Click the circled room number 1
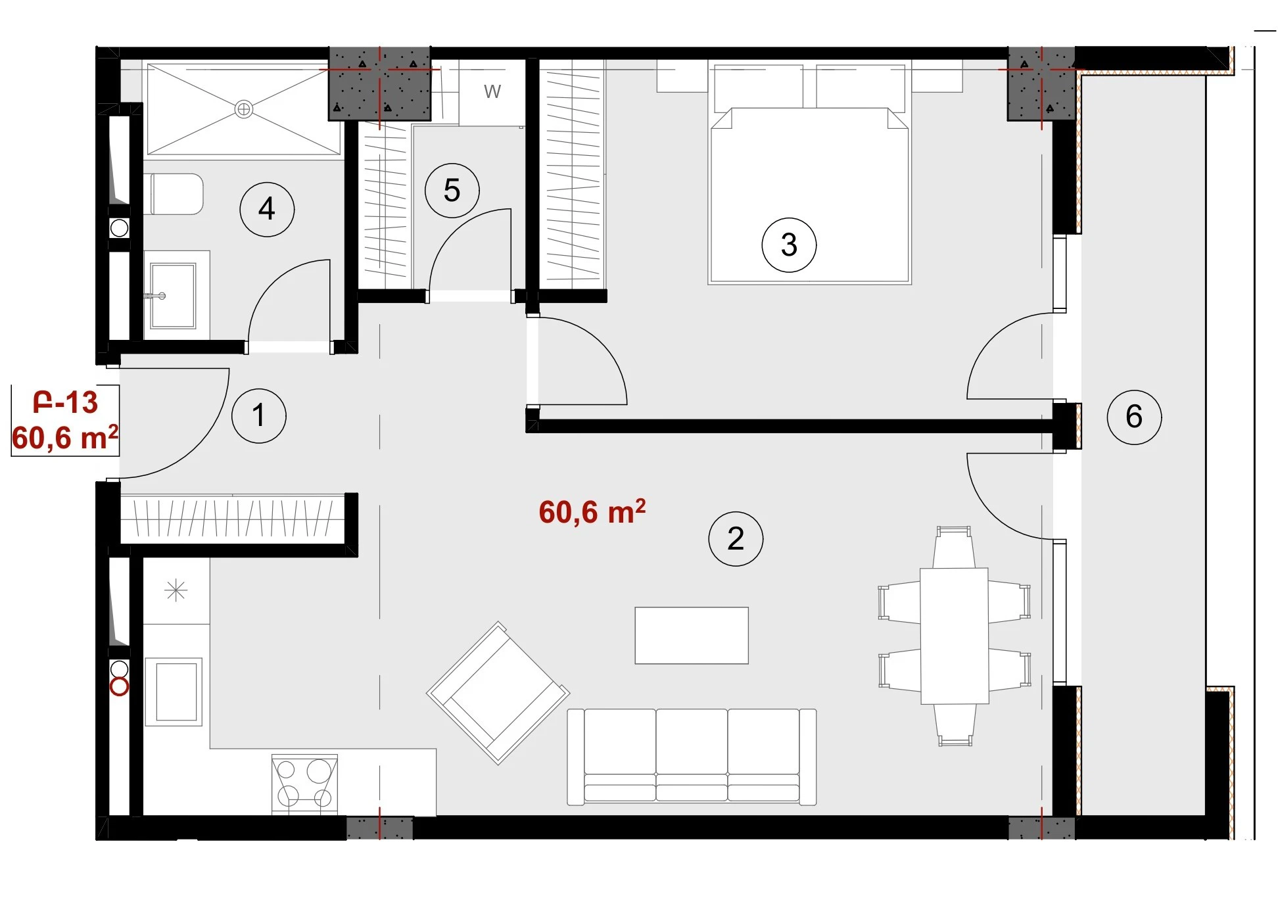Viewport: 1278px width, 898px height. tap(259, 415)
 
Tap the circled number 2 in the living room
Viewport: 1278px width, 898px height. tap(736, 538)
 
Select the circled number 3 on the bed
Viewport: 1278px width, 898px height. tap(789, 245)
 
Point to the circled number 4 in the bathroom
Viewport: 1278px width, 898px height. tap(267, 209)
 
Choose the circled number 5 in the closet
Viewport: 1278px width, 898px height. tap(452, 191)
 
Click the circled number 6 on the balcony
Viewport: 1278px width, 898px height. tap(1134, 416)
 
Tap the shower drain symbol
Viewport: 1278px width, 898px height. tap(244, 109)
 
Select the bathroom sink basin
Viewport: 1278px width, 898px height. tap(173, 296)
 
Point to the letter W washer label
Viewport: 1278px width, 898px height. tap(492, 91)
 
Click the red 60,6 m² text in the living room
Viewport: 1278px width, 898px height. tap(592, 511)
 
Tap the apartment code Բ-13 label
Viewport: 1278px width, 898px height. tap(65, 402)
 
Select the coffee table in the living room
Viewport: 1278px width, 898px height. tap(692, 635)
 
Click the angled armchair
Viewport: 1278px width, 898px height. tap(498, 693)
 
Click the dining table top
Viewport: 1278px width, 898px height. tap(955, 636)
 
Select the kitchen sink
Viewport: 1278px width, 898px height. tap(176, 692)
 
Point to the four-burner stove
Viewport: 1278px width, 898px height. tap(304, 784)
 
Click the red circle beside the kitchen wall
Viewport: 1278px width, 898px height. tap(119, 688)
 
